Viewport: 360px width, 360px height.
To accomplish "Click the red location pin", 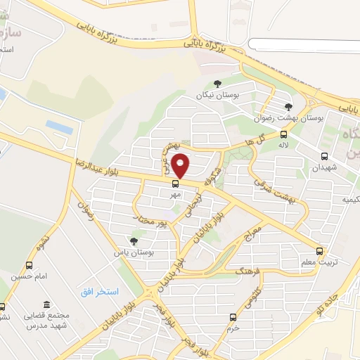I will [x=181, y=165].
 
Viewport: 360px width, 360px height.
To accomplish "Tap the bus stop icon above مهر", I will [x=175, y=184].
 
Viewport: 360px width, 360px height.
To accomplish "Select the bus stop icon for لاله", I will [x=283, y=134].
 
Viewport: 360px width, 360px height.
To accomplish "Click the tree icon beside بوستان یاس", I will [x=134, y=241].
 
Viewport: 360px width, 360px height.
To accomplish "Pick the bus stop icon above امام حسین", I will [x=29, y=265].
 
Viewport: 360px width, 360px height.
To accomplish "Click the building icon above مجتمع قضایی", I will [x=46, y=304].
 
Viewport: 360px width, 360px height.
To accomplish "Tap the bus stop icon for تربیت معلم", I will [x=319, y=251].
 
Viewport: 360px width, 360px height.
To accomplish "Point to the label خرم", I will [x=233, y=328].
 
